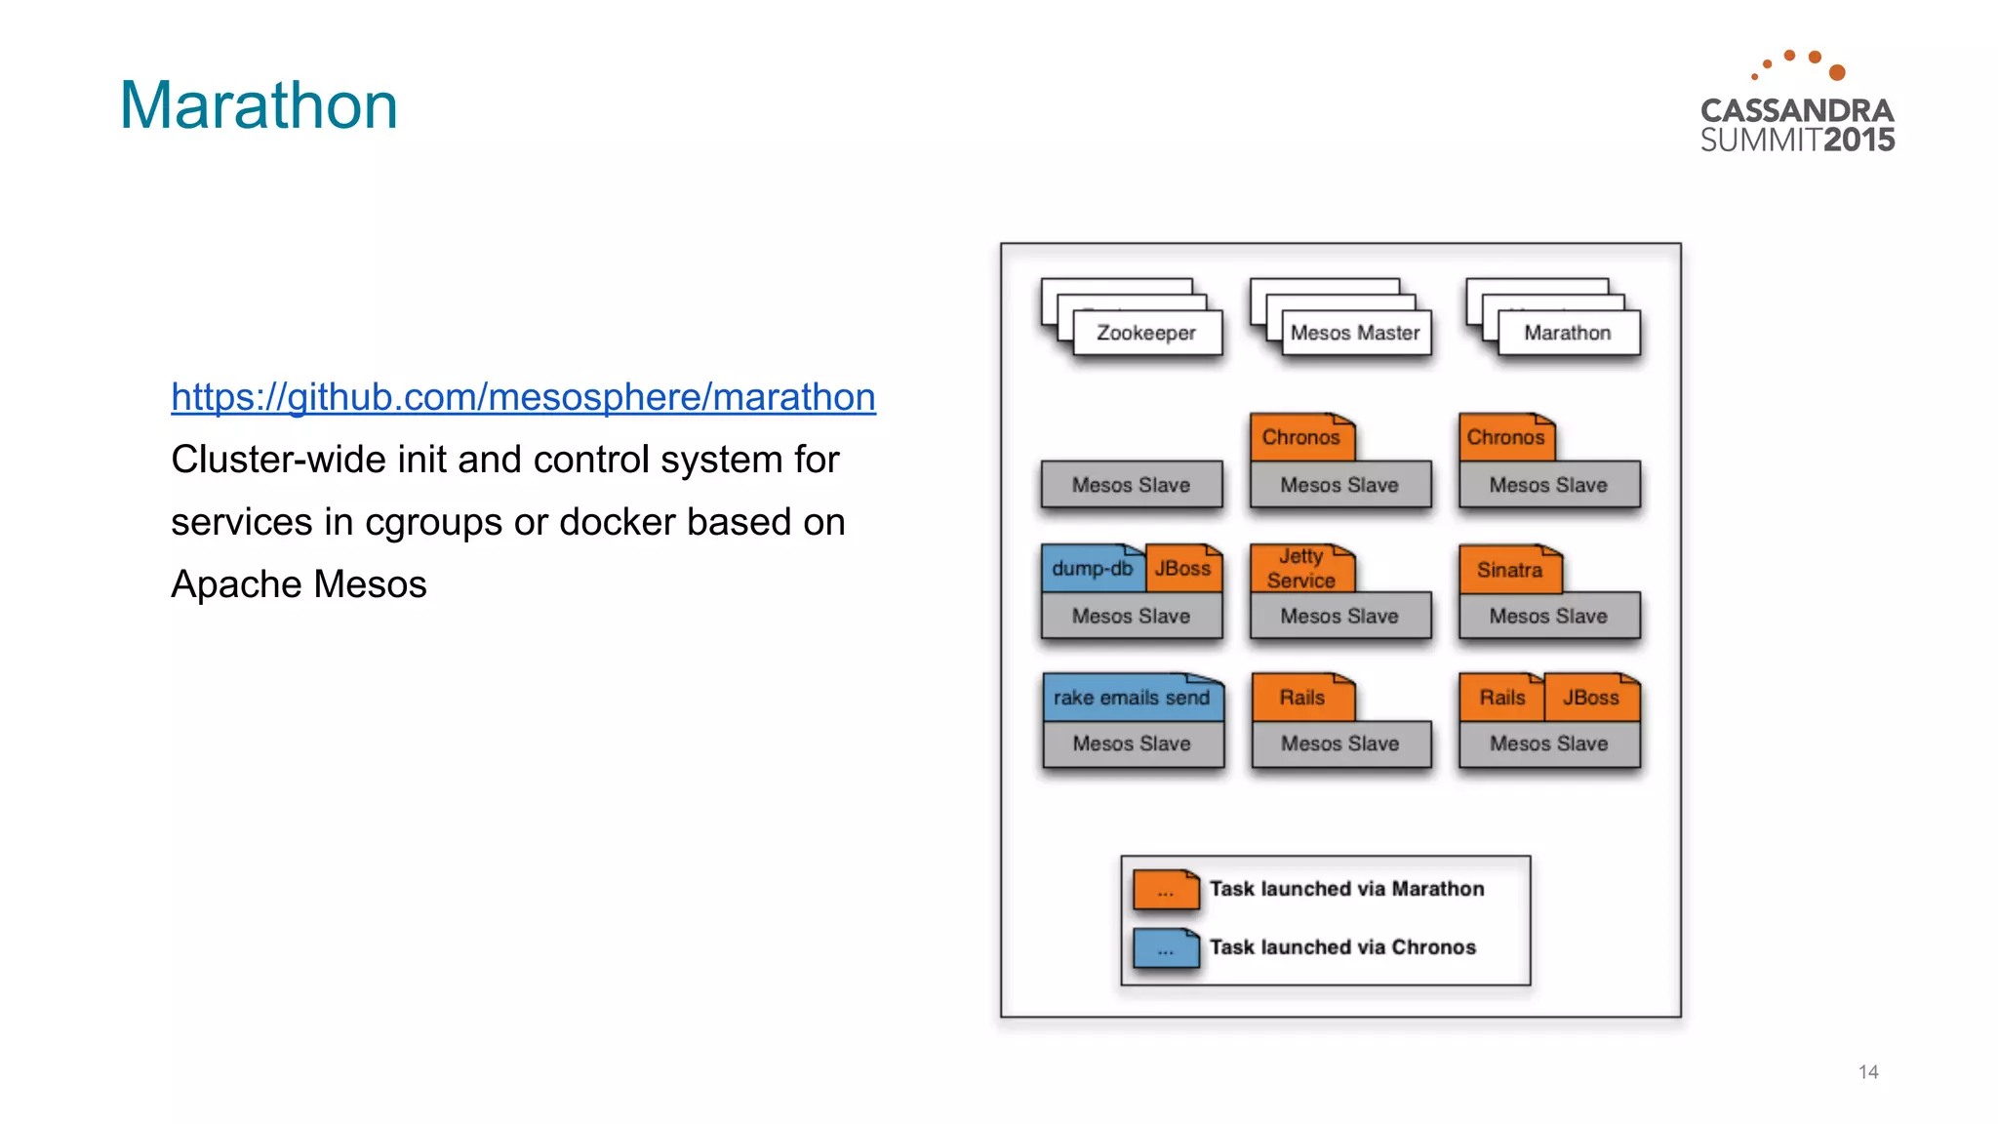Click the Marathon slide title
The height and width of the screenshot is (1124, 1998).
tap(259, 105)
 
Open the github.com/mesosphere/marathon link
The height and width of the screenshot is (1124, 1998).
tap(523, 397)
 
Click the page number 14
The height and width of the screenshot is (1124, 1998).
tap(1867, 1072)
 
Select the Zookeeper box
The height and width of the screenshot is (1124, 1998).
tap(1146, 334)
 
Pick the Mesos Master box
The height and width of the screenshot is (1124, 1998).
tap(1355, 334)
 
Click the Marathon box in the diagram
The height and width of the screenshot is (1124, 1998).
tap(1567, 334)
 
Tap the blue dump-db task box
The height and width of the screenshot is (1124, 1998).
tap(1092, 569)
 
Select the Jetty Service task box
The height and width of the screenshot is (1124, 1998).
tap(1301, 569)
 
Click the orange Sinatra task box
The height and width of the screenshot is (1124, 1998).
tap(1509, 571)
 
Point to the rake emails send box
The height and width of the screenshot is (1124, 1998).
tap(1132, 699)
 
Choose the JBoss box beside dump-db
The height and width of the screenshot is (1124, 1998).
tap(1182, 569)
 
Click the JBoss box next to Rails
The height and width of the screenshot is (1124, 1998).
tap(1590, 699)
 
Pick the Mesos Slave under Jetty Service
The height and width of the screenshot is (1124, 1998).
tap(1339, 617)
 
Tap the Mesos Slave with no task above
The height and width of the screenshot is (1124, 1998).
tap(1131, 486)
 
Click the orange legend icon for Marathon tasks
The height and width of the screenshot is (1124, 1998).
tap(1166, 891)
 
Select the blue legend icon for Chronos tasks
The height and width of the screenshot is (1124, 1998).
tap(1166, 948)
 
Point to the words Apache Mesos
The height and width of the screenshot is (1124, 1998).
tap(299, 585)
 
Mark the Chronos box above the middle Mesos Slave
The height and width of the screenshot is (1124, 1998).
tap(1300, 438)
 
